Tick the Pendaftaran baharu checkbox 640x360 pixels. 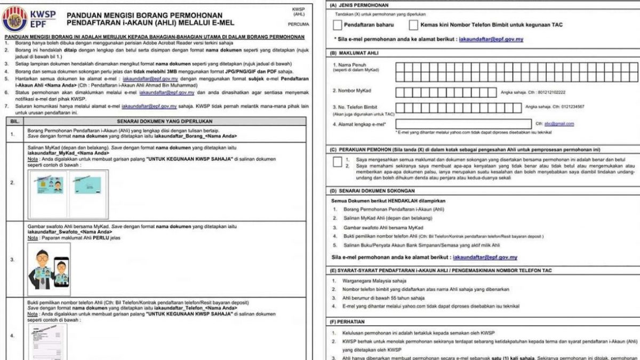[x=337, y=25]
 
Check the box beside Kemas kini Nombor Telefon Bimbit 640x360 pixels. [x=413, y=25]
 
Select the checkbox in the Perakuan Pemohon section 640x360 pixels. [x=337, y=162]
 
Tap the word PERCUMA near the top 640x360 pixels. [x=298, y=24]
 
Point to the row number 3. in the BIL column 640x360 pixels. [x=12, y=260]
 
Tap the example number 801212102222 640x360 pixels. [x=552, y=92]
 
